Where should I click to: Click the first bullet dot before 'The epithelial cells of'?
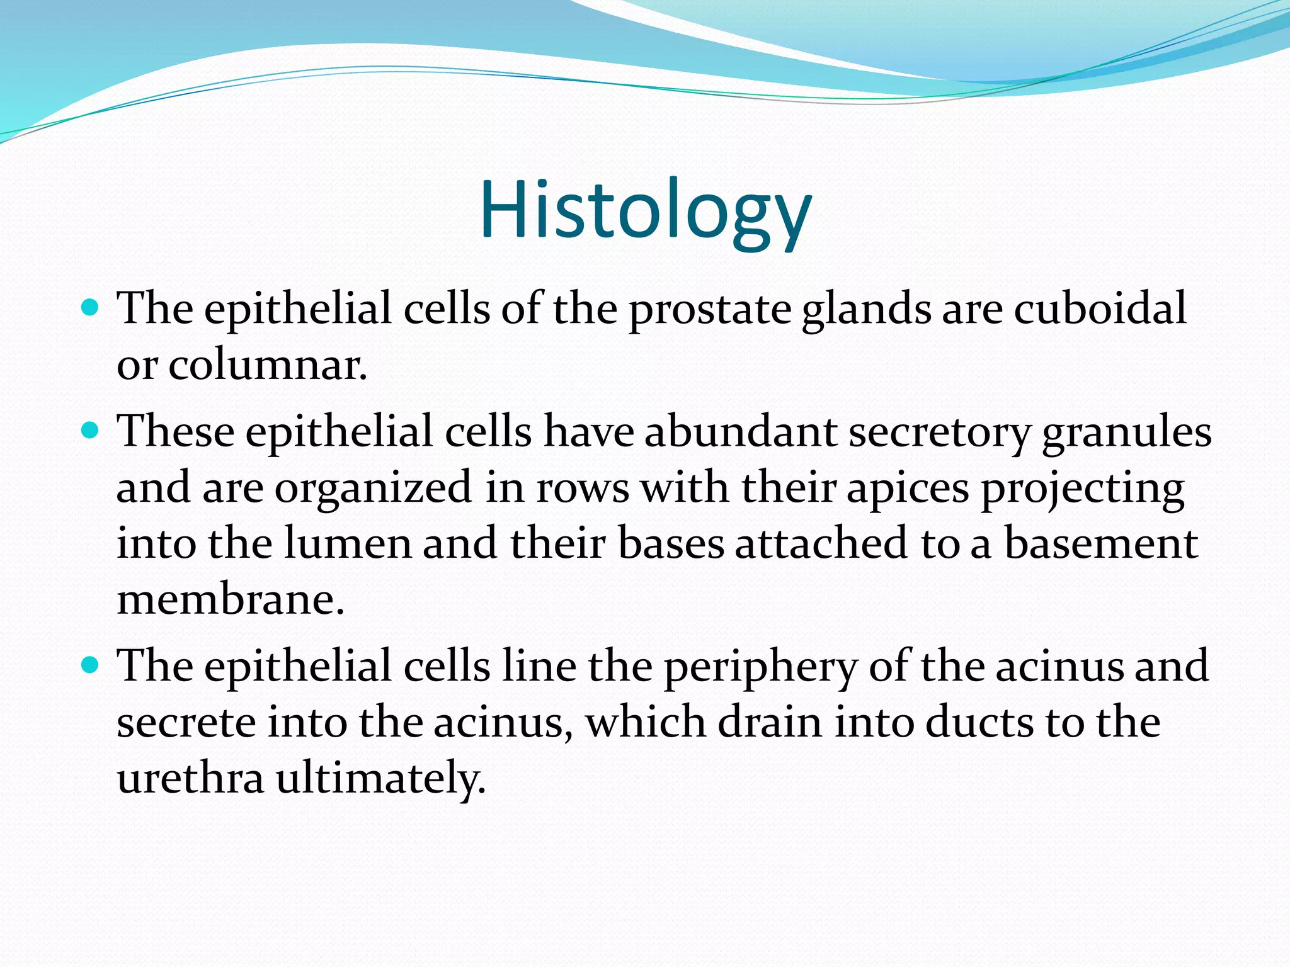click(91, 308)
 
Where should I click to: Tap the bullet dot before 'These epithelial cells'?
click(91, 431)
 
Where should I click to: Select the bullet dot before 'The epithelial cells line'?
click(91, 664)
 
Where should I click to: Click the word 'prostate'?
click(710, 310)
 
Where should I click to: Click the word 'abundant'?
click(740, 432)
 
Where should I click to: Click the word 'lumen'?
click(348, 543)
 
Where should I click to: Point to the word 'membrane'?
click(230, 599)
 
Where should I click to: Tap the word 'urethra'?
click(190, 778)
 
